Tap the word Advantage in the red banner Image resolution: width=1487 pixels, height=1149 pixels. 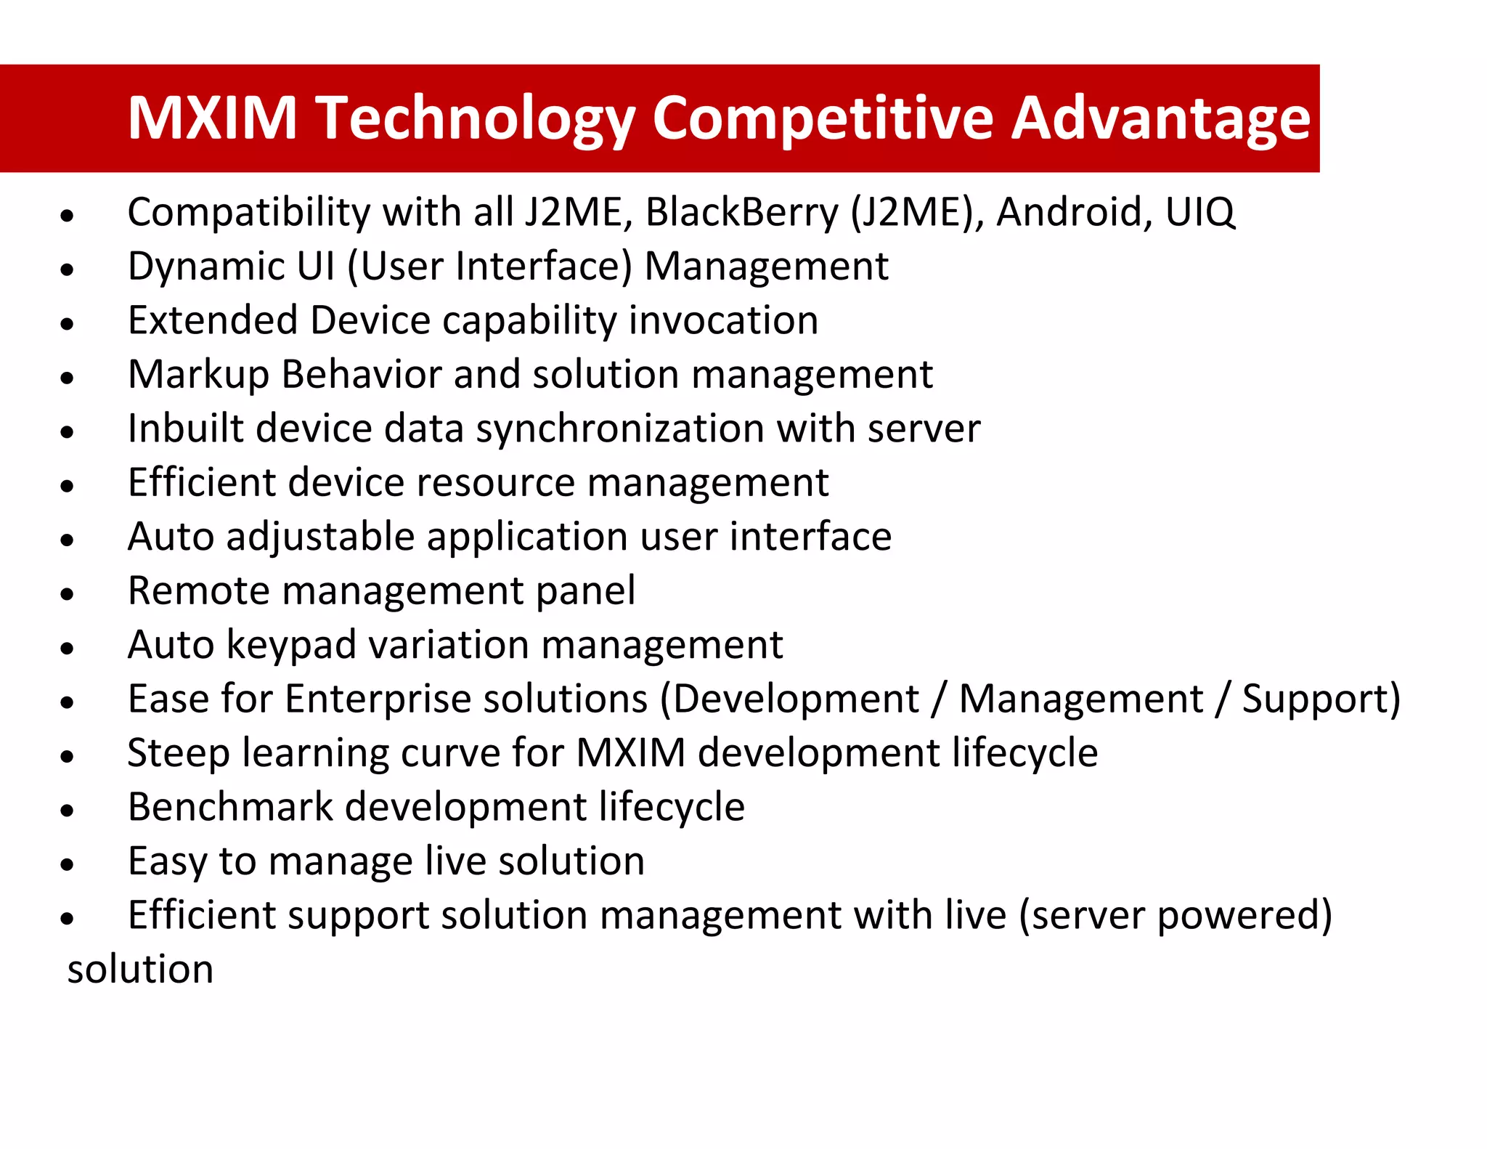[x=1160, y=118]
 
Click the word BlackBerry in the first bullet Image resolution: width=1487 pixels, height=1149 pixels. [x=741, y=212]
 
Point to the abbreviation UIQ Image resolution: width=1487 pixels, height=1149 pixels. [x=1199, y=212]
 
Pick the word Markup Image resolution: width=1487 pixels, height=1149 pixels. [x=198, y=375]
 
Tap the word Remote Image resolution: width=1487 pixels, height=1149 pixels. [x=198, y=590]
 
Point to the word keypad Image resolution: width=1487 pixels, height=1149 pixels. [x=291, y=645]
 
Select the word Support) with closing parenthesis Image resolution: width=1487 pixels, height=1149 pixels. [x=1321, y=699]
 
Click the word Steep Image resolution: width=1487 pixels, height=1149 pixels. [x=179, y=752]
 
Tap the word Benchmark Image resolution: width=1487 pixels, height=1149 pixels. [x=229, y=807]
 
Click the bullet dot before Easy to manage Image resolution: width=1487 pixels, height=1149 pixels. [x=68, y=864]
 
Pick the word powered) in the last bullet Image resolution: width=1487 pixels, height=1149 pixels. [x=1244, y=915]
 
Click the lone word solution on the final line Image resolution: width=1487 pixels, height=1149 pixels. [x=140, y=970]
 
